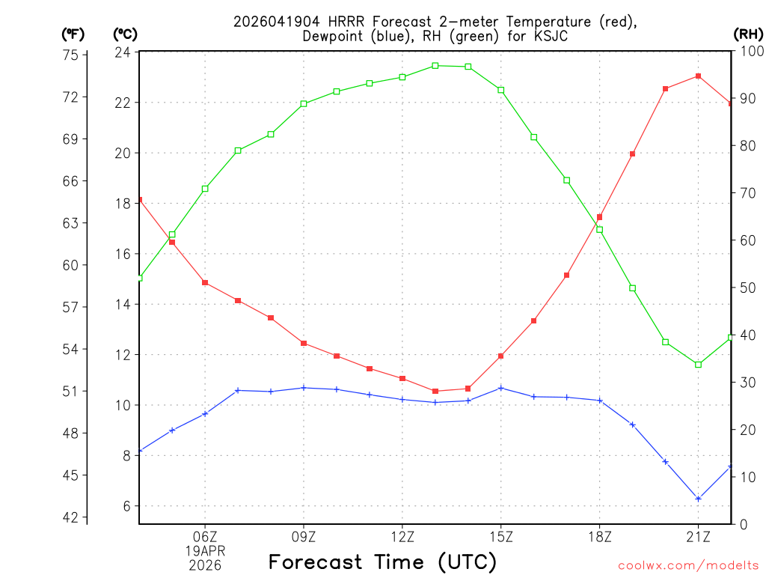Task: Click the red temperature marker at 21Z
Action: pyautogui.click(x=698, y=76)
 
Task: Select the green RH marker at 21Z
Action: pyautogui.click(x=698, y=365)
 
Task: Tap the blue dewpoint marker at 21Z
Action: pyautogui.click(x=698, y=499)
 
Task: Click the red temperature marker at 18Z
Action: pyautogui.click(x=599, y=217)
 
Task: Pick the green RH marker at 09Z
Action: pyautogui.click(x=304, y=104)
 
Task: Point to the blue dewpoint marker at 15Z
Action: pyautogui.click(x=501, y=388)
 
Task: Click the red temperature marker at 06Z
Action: pyautogui.click(x=205, y=282)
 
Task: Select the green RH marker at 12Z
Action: pyautogui.click(x=402, y=77)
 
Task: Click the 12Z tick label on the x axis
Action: pyautogui.click(x=402, y=536)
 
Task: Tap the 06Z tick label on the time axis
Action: pyautogui.click(x=205, y=536)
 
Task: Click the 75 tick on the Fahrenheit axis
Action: pyautogui.click(x=71, y=55)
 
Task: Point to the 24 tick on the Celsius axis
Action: pyautogui.click(x=123, y=52)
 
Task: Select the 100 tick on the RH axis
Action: pyautogui.click(x=748, y=52)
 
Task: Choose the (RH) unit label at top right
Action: pyautogui.click(x=748, y=34)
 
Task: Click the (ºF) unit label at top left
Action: pyautogui.click(x=73, y=34)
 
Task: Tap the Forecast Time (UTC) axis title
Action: pyautogui.click(x=382, y=562)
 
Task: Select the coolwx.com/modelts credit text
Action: pyautogui.click(x=688, y=565)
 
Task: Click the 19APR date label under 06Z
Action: pyautogui.click(x=205, y=550)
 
